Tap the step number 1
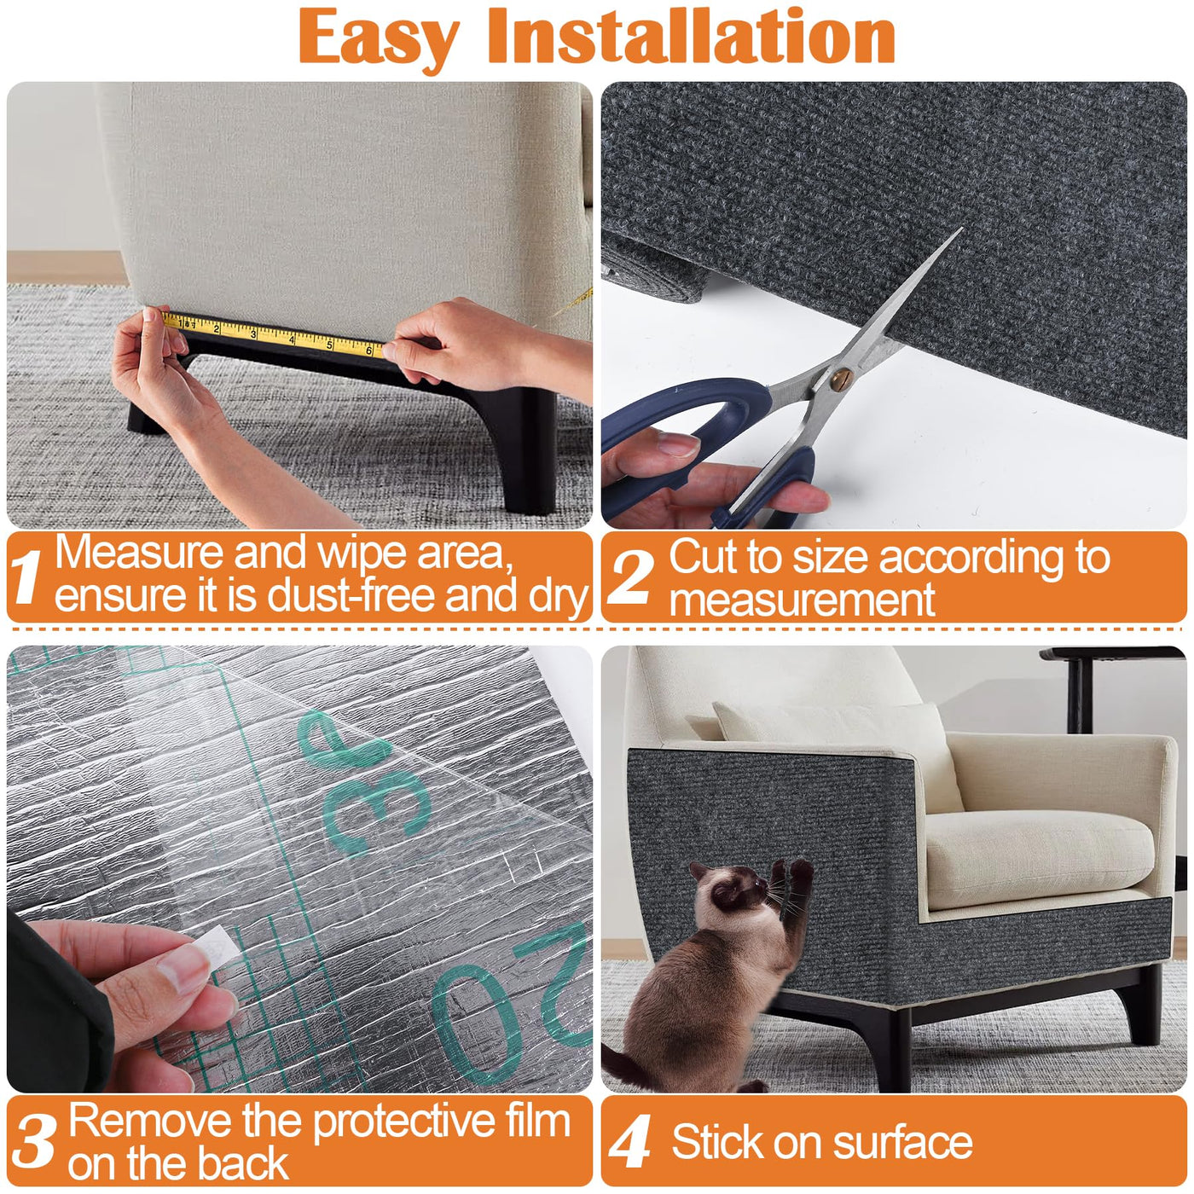tap(26, 577)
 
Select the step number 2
tap(630, 577)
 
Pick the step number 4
tap(629, 1141)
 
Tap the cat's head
tap(733, 886)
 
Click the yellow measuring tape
tap(273, 334)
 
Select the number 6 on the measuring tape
tap(369, 351)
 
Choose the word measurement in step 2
tap(802, 600)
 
